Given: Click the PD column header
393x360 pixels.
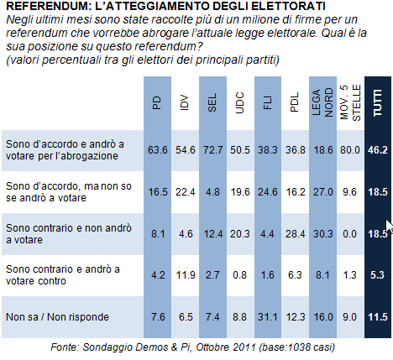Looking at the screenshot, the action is click(x=157, y=102).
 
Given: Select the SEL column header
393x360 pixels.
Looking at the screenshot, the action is click(x=212, y=102).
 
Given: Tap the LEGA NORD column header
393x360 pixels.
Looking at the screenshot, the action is click(x=322, y=102).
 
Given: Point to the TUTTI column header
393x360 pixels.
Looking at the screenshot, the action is click(x=378, y=102).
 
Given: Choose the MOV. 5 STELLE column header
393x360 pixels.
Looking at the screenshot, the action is click(x=350, y=102).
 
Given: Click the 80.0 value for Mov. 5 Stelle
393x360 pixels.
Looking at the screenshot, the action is click(x=350, y=150).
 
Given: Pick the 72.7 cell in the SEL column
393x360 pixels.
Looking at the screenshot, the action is click(x=212, y=150).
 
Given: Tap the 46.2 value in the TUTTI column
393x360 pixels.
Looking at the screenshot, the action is click(x=378, y=150).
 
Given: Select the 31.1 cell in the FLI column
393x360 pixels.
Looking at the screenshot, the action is click(x=268, y=317).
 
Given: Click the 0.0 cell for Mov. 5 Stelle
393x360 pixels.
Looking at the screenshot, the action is click(x=350, y=234).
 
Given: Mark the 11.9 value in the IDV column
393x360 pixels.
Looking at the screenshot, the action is click(x=186, y=275).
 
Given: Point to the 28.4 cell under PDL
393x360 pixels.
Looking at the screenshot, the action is click(x=295, y=234).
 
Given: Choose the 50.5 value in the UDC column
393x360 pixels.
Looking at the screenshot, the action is click(x=240, y=150).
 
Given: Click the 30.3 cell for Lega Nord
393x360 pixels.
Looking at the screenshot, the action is click(x=322, y=234).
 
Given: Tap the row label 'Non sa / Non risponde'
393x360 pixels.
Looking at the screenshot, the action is click(x=57, y=317).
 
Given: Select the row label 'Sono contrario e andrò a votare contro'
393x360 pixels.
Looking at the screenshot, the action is click(x=63, y=275).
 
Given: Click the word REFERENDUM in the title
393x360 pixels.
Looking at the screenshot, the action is click(x=48, y=6).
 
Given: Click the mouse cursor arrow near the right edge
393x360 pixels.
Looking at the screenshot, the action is click(x=389, y=227).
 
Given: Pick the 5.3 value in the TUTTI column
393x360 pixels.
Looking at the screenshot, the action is click(x=377, y=275).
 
